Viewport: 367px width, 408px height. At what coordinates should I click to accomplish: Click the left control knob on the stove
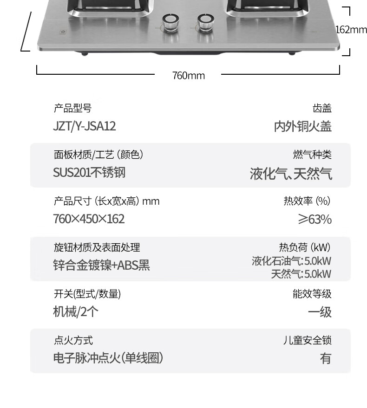click(x=170, y=22)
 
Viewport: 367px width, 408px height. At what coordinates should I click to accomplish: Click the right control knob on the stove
click(x=206, y=22)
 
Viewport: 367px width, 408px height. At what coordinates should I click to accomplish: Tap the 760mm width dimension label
click(x=189, y=76)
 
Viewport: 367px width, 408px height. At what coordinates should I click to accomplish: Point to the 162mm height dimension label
click(x=351, y=30)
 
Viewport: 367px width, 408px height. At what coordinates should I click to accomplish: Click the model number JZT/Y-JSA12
click(x=85, y=126)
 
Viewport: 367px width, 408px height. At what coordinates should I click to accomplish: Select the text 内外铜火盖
click(x=303, y=127)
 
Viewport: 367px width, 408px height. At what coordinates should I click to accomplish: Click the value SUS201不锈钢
click(x=89, y=173)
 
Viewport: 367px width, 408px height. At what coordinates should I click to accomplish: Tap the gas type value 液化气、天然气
click(x=291, y=174)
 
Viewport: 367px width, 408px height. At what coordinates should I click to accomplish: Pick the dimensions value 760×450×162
click(x=89, y=219)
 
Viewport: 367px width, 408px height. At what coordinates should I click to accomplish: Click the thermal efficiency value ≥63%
click(x=315, y=220)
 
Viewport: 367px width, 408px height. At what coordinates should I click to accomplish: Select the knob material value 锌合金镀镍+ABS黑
click(x=102, y=266)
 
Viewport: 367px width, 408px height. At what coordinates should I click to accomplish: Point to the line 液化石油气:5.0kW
click(x=291, y=261)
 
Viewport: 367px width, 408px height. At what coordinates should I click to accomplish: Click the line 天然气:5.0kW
click(x=301, y=274)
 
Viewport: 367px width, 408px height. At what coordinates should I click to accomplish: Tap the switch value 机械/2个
click(x=76, y=312)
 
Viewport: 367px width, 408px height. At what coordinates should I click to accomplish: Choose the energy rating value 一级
click(x=320, y=312)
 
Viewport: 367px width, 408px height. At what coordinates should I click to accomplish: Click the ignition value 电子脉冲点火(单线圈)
click(x=108, y=358)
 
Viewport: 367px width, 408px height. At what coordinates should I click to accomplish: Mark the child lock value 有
click(x=326, y=358)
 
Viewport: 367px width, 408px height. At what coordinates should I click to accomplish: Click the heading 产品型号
click(x=72, y=108)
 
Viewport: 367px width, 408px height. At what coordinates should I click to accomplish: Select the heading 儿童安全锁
click(x=308, y=340)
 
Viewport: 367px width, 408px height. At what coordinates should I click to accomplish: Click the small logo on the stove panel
click(x=63, y=32)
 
